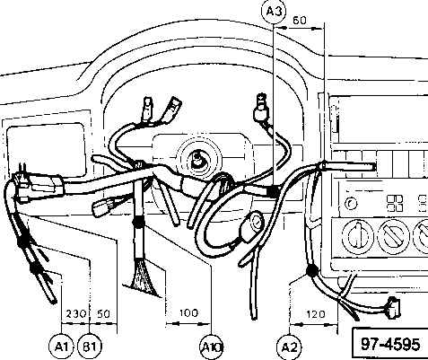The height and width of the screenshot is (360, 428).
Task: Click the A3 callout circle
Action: point(274,12)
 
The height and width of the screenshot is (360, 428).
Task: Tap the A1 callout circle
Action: point(61,347)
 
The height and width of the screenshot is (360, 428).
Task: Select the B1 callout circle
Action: point(90,347)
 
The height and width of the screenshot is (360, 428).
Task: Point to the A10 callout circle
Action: point(212,347)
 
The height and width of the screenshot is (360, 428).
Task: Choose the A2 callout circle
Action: point(290,347)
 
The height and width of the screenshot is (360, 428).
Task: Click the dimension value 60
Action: point(300,20)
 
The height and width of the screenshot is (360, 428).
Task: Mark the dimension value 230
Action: point(75,314)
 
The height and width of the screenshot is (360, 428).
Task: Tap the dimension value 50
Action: point(103,314)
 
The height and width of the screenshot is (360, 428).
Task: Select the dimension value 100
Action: point(188,313)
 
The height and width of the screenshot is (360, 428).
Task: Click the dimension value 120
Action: point(316,314)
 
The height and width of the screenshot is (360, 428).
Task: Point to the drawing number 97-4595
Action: point(390,344)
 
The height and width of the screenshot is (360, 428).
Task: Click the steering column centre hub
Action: point(198,160)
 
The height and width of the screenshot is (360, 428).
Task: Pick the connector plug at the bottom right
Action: point(393,308)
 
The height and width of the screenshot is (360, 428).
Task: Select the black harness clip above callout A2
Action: point(311,271)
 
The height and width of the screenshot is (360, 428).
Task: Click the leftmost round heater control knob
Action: point(357,235)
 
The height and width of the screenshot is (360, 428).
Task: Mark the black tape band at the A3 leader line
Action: point(273,191)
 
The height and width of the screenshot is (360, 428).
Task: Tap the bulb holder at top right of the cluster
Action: point(261,110)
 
